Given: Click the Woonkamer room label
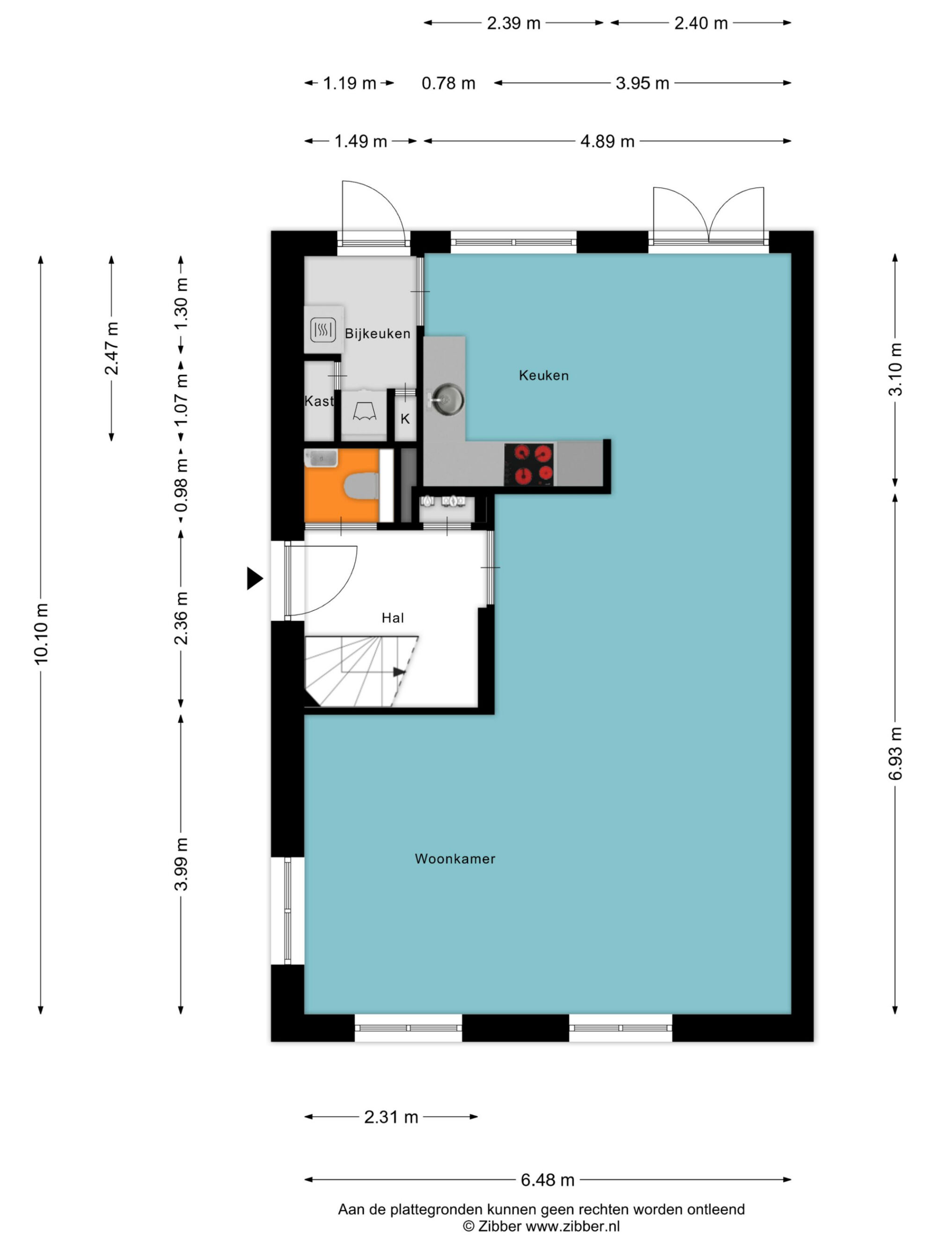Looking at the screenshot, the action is [x=455, y=859].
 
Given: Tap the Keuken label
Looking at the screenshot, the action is [x=543, y=375].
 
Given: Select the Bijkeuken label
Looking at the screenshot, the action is [x=378, y=334].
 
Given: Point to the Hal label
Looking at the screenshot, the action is [x=393, y=618].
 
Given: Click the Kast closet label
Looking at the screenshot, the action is [x=319, y=401].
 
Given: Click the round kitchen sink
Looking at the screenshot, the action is [x=447, y=400].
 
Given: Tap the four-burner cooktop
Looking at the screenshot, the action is [x=529, y=464].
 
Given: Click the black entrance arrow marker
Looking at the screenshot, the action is [x=255, y=578].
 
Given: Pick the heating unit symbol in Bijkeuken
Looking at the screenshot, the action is [x=323, y=329].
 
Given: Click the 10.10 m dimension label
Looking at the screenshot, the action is [x=41, y=634].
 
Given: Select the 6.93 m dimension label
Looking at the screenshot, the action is [x=895, y=754].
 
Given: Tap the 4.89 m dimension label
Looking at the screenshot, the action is [x=607, y=141].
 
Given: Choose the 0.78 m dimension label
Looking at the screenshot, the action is [x=448, y=83].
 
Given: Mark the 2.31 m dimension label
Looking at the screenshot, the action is [x=391, y=1117].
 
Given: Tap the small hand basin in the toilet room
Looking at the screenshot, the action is [x=321, y=458].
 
